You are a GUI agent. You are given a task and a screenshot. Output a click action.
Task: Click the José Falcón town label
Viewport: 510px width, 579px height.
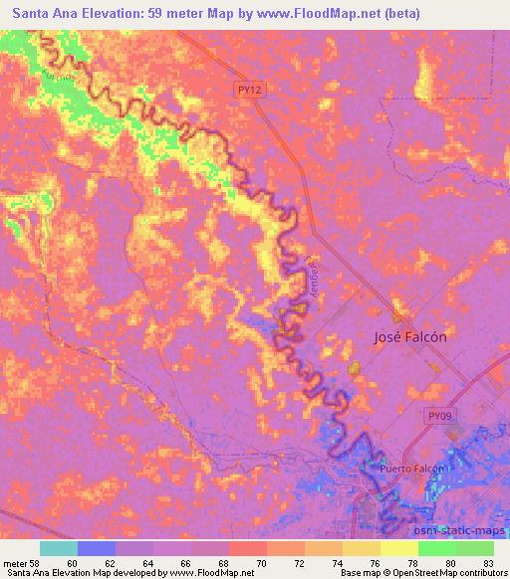409,336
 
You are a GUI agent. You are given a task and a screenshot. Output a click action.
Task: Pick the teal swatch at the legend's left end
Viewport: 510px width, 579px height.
59,548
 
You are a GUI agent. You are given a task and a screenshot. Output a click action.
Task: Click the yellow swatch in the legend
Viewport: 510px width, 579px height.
398,548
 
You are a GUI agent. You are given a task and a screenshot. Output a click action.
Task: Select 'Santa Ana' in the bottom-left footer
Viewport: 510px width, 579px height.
25,573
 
